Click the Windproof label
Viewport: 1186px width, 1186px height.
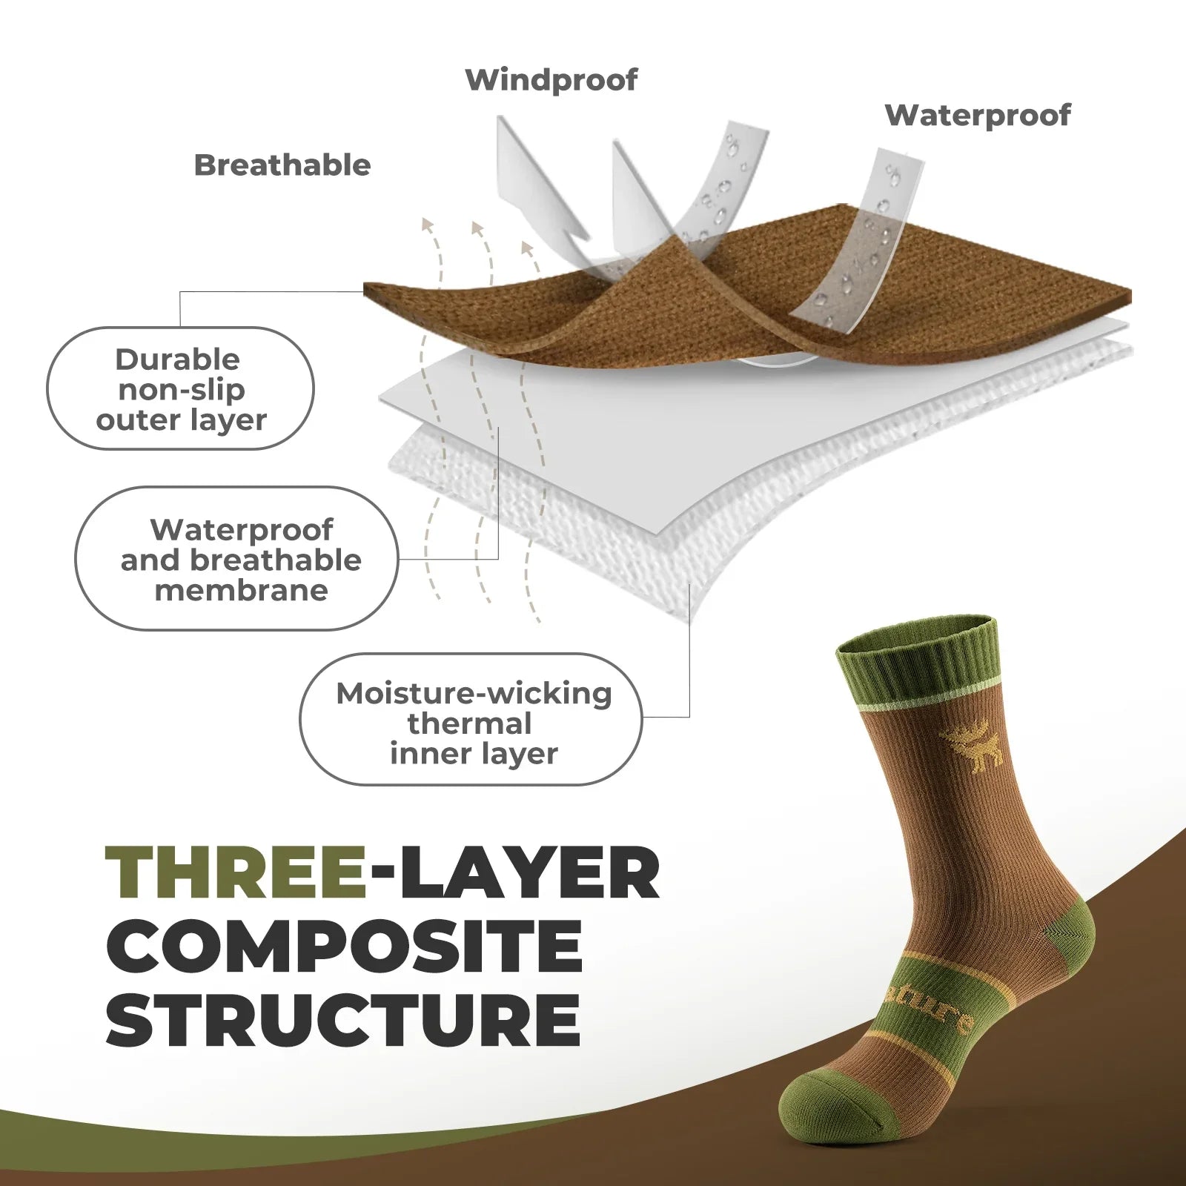[551, 80]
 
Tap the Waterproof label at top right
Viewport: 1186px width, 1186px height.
[977, 116]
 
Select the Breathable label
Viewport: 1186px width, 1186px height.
[282, 165]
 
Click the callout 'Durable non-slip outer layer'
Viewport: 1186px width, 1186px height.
[180, 388]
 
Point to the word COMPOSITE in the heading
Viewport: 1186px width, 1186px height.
[344, 947]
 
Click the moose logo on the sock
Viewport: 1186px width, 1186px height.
[971, 745]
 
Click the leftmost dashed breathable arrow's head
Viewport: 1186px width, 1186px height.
[427, 225]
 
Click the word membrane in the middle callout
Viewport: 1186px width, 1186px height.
[241, 591]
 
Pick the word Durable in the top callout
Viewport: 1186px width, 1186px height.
[178, 360]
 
